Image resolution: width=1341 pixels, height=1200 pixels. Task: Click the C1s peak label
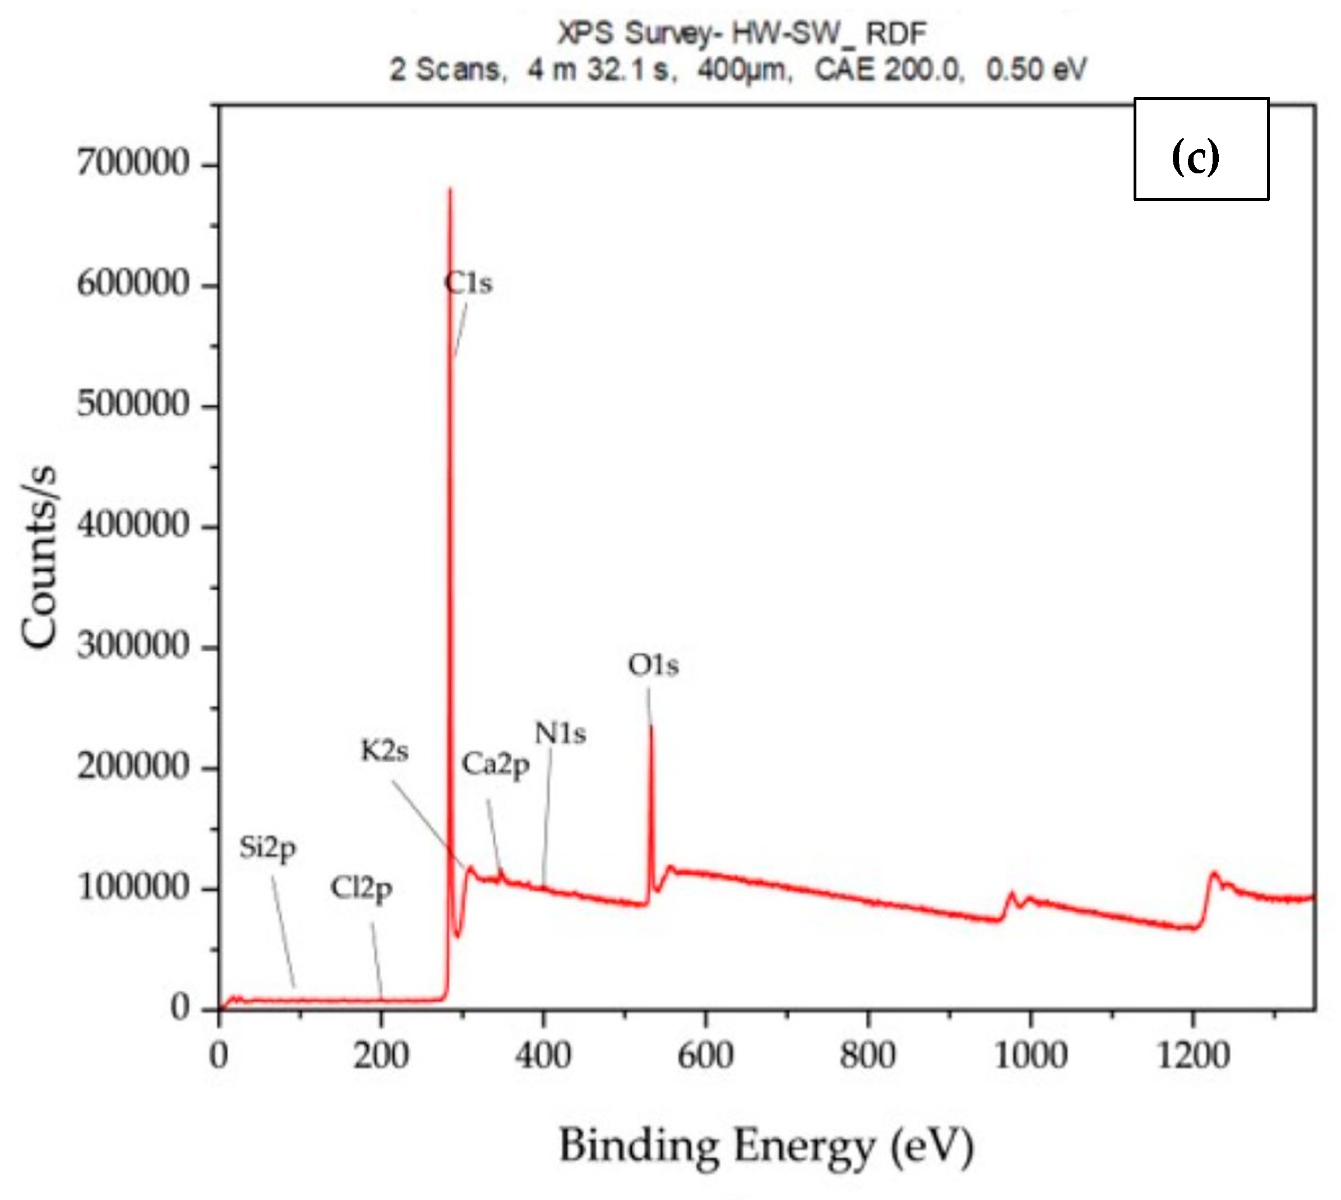pyautogui.click(x=468, y=283)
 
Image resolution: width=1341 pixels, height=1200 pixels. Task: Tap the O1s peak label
pyautogui.click(x=653, y=665)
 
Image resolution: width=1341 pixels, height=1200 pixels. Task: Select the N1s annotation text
pyautogui.click(x=560, y=733)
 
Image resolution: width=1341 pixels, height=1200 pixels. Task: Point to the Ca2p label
pyautogui.click(x=496, y=765)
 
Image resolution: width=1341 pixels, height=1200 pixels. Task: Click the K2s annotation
pyautogui.click(x=384, y=750)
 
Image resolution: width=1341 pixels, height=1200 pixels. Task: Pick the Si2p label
pyautogui.click(x=267, y=848)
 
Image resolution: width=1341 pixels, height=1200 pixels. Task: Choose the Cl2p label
pyautogui.click(x=361, y=889)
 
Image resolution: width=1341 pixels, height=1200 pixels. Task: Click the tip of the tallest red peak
pyautogui.click(x=450, y=190)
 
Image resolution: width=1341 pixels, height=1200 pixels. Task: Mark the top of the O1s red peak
pyautogui.click(x=651, y=725)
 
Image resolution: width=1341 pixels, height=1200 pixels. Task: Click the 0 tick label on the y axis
pyautogui.click(x=179, y=1008)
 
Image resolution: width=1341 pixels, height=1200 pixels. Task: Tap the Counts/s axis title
pyautogui.click(x=40, y=557)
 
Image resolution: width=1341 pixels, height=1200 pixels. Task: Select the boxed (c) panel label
pyautogui.click(x=1201, y=149)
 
